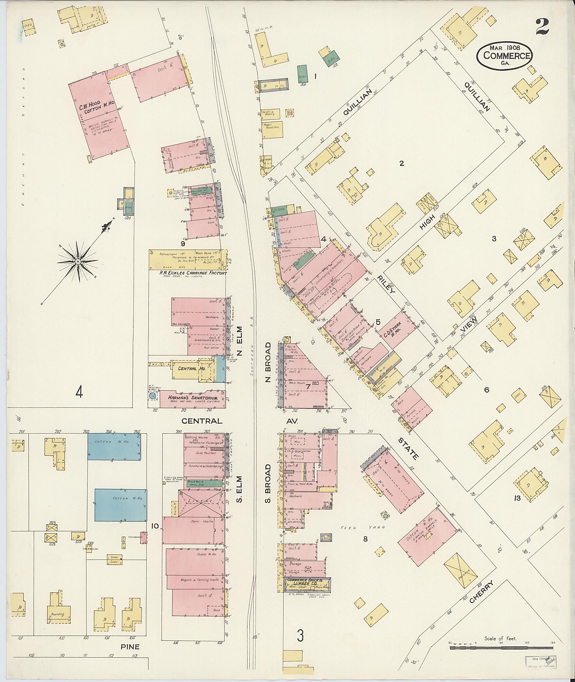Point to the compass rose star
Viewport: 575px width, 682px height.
tap(78, 262)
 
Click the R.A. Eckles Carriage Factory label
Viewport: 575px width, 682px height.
tap(193, 273)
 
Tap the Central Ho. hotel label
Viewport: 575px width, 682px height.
tap(191, 368)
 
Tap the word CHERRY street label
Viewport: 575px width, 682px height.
tap(482, 591)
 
